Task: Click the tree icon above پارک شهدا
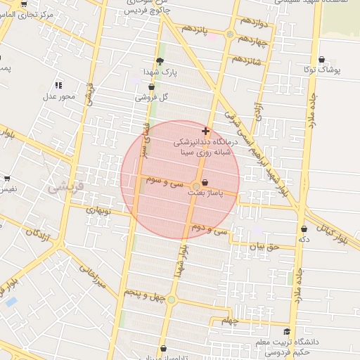[160, 61]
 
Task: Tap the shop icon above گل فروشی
[151, 87]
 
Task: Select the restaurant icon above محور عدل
[58, 84]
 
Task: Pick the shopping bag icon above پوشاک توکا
[321, 60]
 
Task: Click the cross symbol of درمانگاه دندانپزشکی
[205, 131]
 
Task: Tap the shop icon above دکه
[304, 229]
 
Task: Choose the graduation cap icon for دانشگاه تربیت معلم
[286, 332]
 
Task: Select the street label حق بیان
[265, 247]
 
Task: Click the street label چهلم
[231, 321]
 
